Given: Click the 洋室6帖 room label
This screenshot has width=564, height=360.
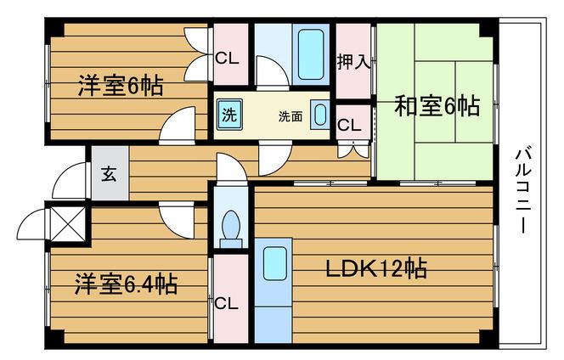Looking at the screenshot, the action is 121,86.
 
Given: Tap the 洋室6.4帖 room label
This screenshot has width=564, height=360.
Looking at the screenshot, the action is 126,284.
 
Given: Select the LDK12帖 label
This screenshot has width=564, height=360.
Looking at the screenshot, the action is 376,268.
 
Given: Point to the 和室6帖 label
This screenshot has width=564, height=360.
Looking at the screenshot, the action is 437,106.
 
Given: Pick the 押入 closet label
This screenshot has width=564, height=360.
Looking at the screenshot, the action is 353,61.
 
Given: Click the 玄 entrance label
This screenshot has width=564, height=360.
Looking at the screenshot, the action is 109,174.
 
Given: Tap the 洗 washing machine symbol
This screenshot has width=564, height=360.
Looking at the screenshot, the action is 229,115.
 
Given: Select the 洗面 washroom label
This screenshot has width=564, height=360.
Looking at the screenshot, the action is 290,116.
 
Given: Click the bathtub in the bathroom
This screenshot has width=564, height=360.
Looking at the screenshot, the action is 311,54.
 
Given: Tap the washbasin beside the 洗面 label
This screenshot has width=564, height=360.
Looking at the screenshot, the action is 320,115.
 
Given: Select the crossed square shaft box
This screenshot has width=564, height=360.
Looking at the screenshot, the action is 68,224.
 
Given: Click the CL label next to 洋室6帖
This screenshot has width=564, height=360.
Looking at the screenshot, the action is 227,59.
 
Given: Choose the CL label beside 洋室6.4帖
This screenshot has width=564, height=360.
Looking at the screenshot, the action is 226,304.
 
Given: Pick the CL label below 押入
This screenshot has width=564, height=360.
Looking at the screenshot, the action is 349,125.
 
